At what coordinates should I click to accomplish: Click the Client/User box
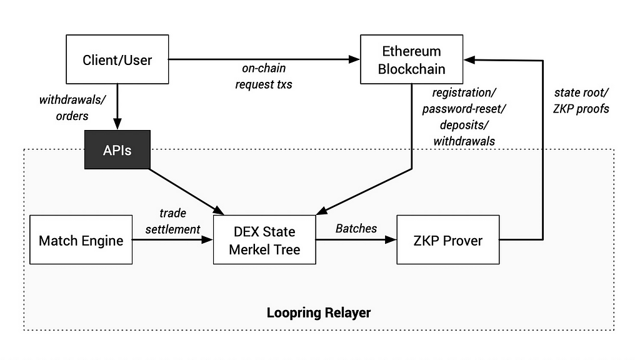(x=117, y=59)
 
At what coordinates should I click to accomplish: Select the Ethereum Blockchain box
(x=411, y=59)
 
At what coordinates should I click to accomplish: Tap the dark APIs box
(x=117, y=150)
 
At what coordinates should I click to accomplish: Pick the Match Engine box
(x=81, y=240)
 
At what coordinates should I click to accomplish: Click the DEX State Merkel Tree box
(x=264, y=240)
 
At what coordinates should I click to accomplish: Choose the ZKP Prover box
(x=447, y=240)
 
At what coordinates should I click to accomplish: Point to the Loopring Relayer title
(x=319, y=312)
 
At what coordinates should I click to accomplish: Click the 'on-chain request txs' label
(x=264, y=76)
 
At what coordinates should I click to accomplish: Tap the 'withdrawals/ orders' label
(x=72, y=107)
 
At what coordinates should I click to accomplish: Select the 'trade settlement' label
(x=172, y=221)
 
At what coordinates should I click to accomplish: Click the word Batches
(x=356, y=228)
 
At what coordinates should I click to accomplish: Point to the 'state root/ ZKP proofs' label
(x=581, y=101)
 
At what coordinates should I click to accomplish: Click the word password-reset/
(x=464, y=109)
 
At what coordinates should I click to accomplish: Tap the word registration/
(x=464, y=92)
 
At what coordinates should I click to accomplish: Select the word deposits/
(x=464, y=125)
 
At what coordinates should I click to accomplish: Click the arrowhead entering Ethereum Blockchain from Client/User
(x=355, y=59)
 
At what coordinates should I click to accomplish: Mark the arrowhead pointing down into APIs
(x=117, y=124)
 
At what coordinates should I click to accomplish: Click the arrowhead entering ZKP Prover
(x=391, y=239)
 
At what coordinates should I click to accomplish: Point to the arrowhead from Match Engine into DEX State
(x=207, y=239)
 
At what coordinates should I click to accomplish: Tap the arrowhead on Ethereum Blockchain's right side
(x=469, y=60)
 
